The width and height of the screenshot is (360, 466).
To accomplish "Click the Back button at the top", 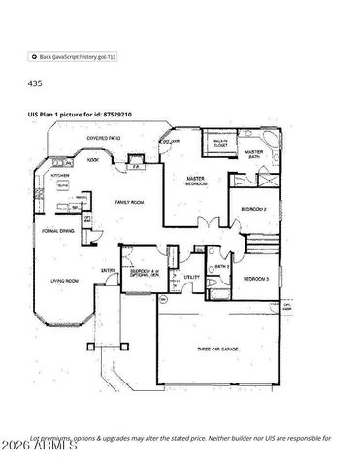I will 73,57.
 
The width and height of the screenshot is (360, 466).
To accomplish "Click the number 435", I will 34,84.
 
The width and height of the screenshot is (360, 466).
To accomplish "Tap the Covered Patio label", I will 103,139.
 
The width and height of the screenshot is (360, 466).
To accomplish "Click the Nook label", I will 93,159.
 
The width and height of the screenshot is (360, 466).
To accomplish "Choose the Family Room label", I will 128,201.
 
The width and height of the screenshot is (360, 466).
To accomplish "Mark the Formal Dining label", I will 57,230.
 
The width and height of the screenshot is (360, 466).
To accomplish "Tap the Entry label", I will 108,271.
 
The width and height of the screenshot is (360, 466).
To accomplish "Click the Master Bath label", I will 255,153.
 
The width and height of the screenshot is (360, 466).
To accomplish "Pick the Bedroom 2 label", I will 254,209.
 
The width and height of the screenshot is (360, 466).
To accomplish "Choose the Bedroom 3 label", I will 256,279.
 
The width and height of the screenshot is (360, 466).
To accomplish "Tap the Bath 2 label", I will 221,265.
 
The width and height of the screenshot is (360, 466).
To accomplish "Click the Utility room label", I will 192,277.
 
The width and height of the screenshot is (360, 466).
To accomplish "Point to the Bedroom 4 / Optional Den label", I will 145,272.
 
